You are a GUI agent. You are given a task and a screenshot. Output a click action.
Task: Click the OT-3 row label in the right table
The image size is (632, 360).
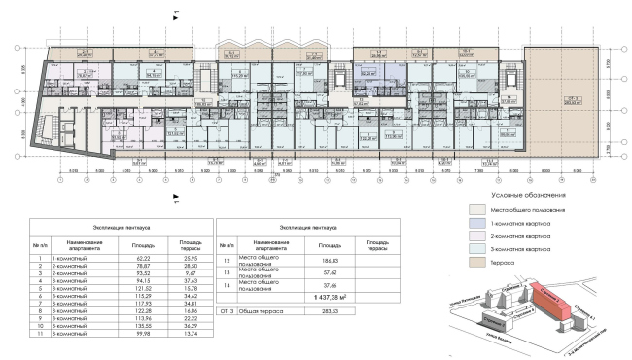tap(226, 311)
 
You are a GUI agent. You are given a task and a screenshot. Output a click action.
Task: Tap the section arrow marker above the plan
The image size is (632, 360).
tap(175, 16)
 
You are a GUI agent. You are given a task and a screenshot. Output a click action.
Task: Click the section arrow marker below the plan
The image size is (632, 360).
tap(175, 191)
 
